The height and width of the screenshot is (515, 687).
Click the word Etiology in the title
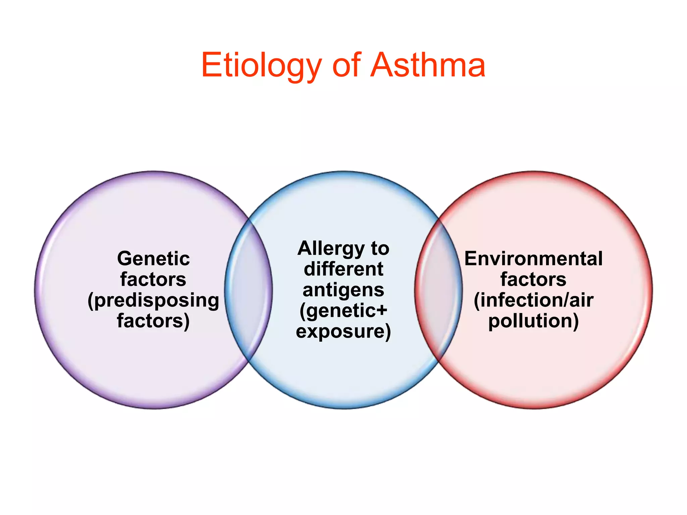click(x=261, y=65)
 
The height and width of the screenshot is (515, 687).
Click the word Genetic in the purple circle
click(x=153, y=259)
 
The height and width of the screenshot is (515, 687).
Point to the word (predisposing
click(x=153, y=300)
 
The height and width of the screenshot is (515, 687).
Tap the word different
click(x=343, y=269)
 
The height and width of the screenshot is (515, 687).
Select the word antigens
click(x=343, y=290)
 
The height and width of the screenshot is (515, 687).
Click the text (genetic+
click(x=343, y=311)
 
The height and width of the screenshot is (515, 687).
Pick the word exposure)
click(x=343, y=331)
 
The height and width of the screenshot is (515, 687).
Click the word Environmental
click(x=533, y=259)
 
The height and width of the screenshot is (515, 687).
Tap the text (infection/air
click(x=533, y=300)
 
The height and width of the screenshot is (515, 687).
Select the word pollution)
click(x=533, y=321)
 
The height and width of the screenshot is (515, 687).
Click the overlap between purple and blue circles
click(x=249, y=290)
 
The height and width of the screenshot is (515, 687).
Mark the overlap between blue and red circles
click(x=438, y=290)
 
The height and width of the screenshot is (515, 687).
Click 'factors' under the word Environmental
click(x=533, y=279)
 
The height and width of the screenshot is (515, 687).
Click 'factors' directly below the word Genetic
click(x=153, y=279)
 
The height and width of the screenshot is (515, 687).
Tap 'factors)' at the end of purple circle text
click(x=153, y=321)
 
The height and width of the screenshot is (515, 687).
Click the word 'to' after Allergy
click(x=380, y=249)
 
